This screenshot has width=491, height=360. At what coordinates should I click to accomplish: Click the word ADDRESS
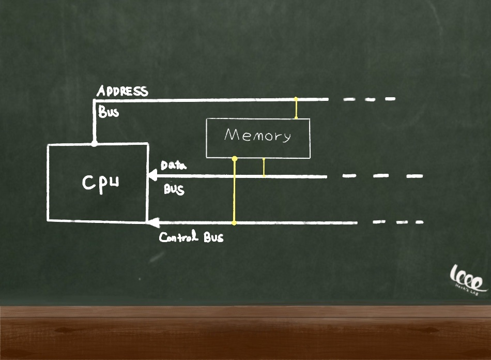[122, 92]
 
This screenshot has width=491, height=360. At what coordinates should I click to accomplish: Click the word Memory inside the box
[257, 136]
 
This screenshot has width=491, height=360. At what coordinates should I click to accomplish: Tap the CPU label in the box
[101, 183]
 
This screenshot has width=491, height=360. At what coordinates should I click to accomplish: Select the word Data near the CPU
[173, 166]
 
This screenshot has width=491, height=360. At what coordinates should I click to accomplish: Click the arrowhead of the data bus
[152, 176]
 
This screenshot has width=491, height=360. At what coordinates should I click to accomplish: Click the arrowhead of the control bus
[153, 223]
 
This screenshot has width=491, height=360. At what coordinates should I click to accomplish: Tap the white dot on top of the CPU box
[94, 144]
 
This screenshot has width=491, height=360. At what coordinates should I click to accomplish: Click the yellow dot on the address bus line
[296, 98]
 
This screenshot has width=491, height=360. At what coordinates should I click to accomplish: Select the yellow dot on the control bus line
[234, 223]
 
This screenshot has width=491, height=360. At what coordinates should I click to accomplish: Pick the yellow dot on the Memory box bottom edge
[234, 158]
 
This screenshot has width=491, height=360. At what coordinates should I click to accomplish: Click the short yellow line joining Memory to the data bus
[264, 167]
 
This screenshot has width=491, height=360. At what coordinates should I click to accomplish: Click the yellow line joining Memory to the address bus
[296, 109]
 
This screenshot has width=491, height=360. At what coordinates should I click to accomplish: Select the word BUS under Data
[174, 189]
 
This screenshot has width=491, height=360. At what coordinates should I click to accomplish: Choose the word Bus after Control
[213, 238]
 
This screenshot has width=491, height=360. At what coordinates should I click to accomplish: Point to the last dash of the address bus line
[390, 98]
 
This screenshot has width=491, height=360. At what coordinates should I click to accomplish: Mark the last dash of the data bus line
[415, 176]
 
